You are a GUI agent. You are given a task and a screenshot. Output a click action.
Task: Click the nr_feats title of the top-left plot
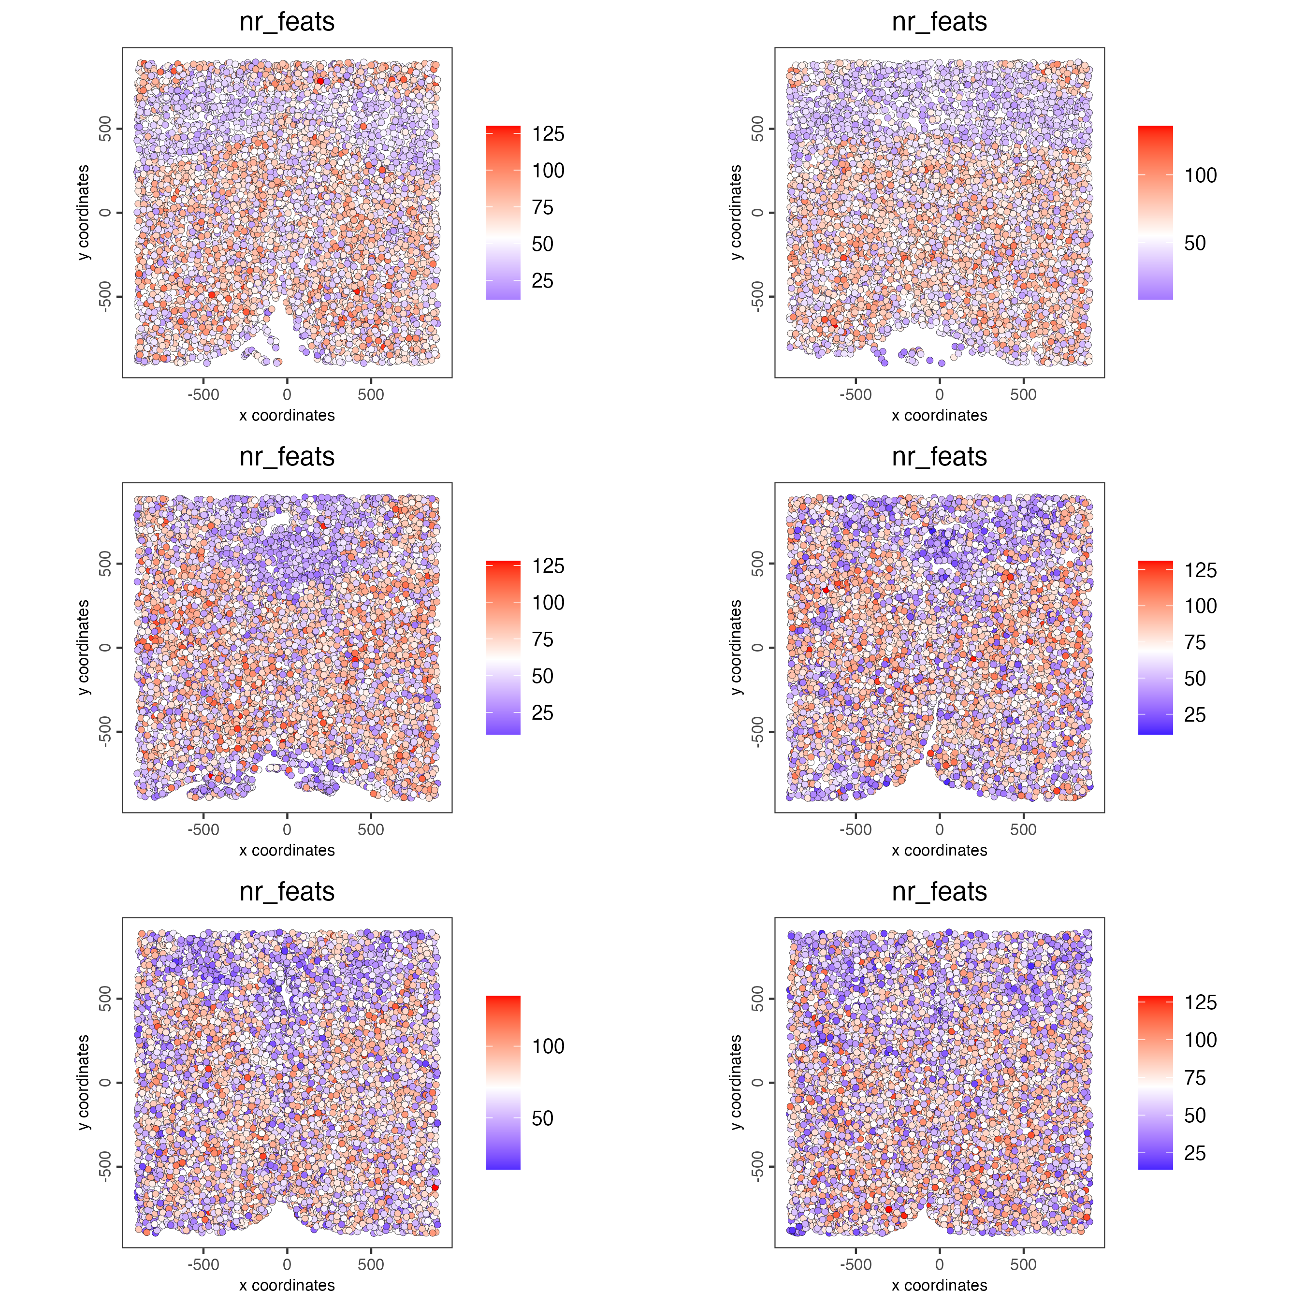point(287,22)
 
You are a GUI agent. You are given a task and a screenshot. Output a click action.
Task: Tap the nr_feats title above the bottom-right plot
point(939,892)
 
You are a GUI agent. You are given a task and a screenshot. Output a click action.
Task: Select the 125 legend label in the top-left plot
point(548,134)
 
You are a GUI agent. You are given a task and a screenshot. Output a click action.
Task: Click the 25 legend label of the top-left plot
point(542,280)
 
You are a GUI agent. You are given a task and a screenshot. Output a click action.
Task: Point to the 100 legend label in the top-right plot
point(1200,175)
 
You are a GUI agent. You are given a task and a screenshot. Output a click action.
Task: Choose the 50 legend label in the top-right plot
point(1194,243)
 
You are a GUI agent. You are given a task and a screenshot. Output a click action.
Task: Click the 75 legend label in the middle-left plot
point(542,639)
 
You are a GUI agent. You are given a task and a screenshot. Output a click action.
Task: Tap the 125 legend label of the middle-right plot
point(1200,570)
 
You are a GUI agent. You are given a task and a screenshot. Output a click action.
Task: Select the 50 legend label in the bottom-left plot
point(542,1118)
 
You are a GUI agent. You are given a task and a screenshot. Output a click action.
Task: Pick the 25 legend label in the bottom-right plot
point(1194,1153)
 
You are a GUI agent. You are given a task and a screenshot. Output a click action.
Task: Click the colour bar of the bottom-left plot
point(503,1082)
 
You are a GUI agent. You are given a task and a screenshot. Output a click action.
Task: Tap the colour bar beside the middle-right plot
point(1155,647)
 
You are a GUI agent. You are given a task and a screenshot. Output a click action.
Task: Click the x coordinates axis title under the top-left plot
point(287,415)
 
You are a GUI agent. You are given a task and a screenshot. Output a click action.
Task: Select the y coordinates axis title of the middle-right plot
point(736,647)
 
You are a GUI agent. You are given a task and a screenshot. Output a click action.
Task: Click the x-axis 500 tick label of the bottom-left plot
point(371,1264)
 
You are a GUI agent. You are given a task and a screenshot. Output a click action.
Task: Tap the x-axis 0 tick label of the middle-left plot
point(287,829)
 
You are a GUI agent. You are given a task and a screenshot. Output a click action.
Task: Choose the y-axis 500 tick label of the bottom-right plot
point(757,999)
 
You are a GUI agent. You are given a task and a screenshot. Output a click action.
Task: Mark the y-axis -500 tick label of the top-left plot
point(105,297)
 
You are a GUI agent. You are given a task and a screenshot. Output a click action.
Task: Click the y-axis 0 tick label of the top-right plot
point(757,213)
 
